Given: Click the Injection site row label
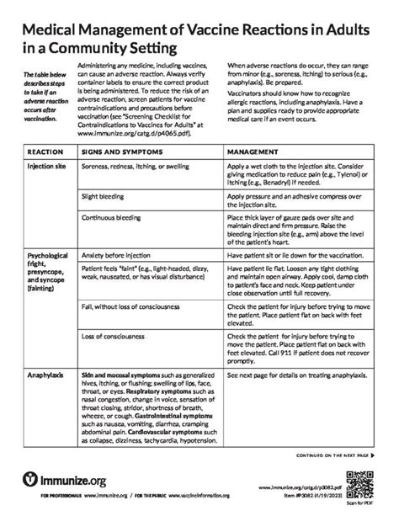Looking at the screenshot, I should pos(46,168).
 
